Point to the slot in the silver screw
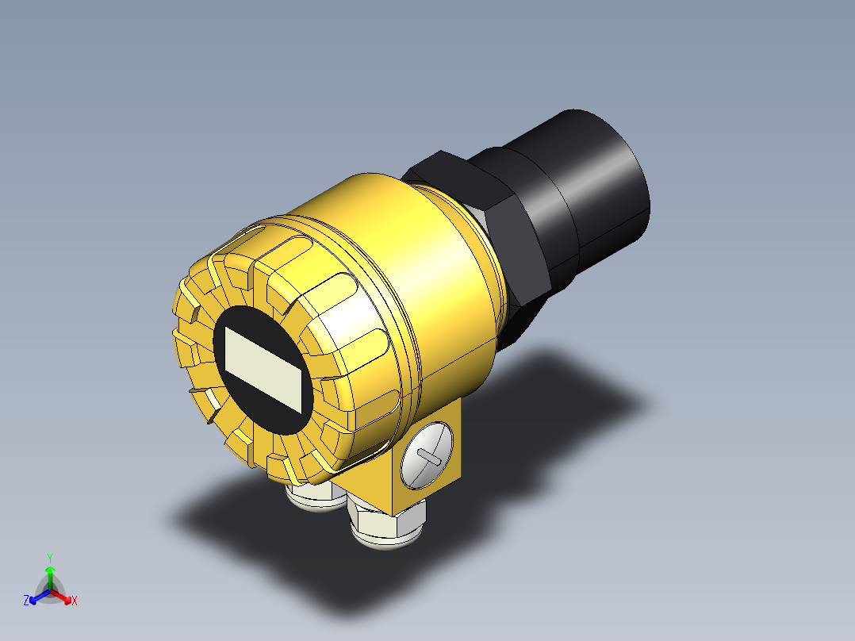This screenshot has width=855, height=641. click(x=429, y=457)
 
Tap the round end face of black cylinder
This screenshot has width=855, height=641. click(x=615, y=171)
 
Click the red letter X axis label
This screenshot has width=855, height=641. click(x=75, y=601)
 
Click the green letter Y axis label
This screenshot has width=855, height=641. click(x=49, y=557)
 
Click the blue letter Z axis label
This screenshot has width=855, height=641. click(x=26, y=601)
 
